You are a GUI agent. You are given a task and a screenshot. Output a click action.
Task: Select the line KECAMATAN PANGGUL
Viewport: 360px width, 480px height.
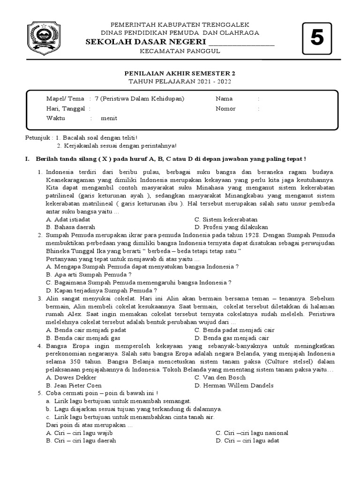180,52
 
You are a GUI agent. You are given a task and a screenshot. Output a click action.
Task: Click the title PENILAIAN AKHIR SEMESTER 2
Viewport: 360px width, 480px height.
180,74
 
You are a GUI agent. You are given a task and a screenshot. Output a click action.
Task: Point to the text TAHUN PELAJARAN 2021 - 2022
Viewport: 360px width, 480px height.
180,82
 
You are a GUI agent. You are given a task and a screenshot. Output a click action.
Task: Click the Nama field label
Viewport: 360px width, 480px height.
224,99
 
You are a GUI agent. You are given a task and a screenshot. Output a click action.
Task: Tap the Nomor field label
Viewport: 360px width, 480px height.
225,109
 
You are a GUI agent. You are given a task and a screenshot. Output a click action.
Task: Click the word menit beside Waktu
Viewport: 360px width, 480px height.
112,118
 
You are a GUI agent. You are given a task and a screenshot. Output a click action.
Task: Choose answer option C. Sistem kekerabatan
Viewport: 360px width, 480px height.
226,219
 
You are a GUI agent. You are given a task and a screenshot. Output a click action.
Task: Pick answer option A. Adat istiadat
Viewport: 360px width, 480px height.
68,219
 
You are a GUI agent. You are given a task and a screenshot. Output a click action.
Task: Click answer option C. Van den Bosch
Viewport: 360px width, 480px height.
220,377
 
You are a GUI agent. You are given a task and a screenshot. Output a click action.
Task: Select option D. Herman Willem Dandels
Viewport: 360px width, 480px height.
234,385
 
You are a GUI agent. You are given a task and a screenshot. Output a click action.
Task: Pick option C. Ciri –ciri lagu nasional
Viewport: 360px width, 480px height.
252,433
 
